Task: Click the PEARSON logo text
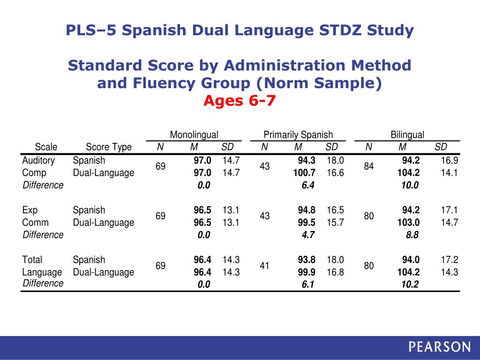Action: [439, 347]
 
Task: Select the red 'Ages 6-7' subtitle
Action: [239, 100]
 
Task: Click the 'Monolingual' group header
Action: [194, 135]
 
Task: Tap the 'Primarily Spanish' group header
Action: [298, 135]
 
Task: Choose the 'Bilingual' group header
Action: [407, 135]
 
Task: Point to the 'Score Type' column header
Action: [109, 147]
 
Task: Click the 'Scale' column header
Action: [46, 147]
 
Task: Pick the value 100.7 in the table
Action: [304, 172]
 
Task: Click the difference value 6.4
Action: [308, 185]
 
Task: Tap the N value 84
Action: [369, 166]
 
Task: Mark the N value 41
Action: [264, 266]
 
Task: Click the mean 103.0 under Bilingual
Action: [408, 222]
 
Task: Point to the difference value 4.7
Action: [308, 234]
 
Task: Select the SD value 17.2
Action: [450, 260]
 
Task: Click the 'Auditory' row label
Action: [38, 160]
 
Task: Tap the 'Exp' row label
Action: [30, 210]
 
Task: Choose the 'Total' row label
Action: [32, 260]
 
